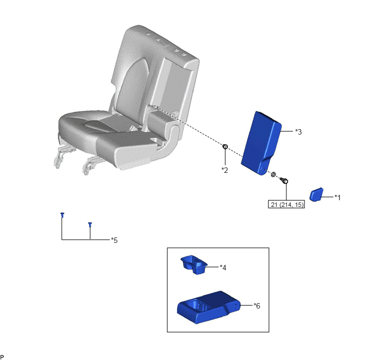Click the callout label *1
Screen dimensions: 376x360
(x=338, y=198)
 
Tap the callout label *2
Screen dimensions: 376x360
(x=225, y=170)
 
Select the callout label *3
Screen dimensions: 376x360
(x=298, y=132)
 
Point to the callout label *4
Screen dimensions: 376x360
(x=223, y=268)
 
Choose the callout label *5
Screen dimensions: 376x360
(x=114, y=240)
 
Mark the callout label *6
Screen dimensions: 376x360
(x=257, y=306)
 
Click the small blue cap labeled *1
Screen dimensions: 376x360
(x=316, y=194)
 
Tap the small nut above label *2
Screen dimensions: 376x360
(x=225, y=147)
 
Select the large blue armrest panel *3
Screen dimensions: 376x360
(x=261, y=143)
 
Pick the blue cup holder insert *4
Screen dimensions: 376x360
(x=194, y=265)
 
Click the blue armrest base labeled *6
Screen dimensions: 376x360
(x=208, y=307)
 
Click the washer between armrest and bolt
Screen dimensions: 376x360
(x=273, y=174)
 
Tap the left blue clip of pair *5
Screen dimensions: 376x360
(x=62, y=214)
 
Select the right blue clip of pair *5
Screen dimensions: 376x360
(x=90, y=224)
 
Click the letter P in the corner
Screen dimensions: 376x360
(x=2, y=357)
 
